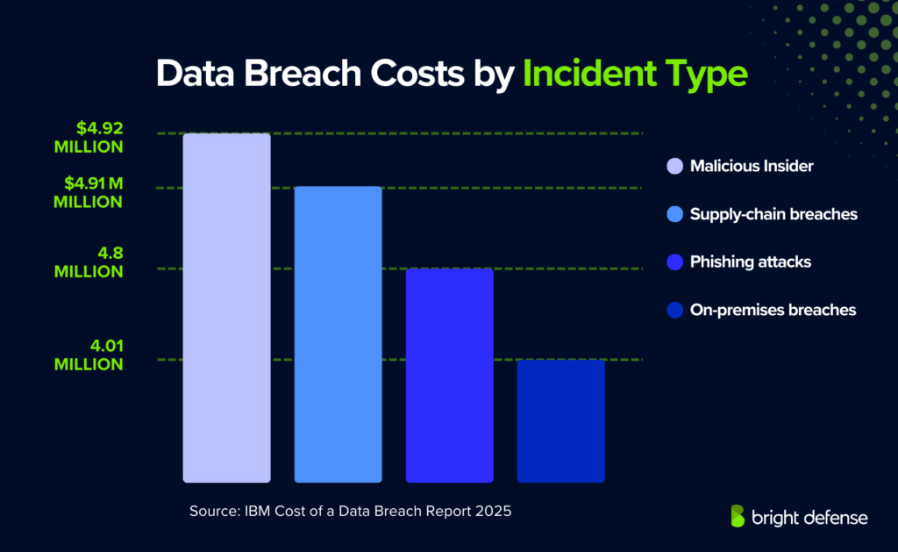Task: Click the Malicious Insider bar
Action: click(x=226, y=307)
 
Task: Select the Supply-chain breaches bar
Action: click(x=338, y=333)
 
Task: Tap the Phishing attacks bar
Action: click(x=449, y=375)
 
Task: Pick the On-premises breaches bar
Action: click(x=560, y=420)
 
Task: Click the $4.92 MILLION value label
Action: click(x=88, y=137)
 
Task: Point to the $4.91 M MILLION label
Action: click(x=88, y=192)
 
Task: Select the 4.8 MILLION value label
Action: click(x=88, y=262)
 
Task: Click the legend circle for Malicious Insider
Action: click(x=674, y=166)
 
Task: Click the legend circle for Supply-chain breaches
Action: click(x=674, y=214)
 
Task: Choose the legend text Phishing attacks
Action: click(x=750, y=262)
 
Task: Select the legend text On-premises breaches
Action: click(x=772, y=310)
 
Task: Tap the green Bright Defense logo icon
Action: click(x=738, y=516)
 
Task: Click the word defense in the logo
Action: click(x=831, y=518)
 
